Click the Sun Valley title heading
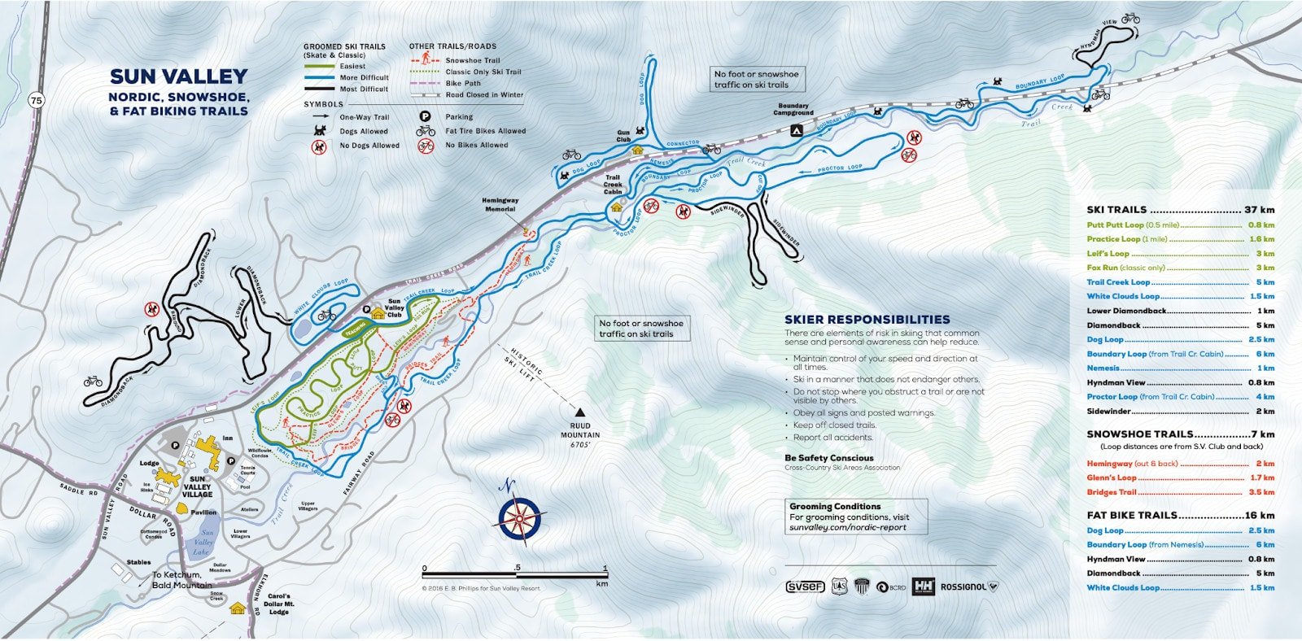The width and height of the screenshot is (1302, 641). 178,76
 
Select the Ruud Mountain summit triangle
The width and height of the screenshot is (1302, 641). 580,412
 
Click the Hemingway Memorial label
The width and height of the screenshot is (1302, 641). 500,204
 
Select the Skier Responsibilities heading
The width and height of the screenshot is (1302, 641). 867,320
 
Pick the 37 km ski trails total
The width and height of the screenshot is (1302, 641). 1258,210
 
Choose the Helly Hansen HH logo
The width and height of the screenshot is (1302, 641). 923,586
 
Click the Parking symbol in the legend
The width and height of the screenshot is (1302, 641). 425,117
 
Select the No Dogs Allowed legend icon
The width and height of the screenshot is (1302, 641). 318,146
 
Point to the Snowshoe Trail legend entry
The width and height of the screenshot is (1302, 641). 472,60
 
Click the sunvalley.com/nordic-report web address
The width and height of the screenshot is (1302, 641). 847,527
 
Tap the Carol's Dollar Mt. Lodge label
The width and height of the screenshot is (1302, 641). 278,604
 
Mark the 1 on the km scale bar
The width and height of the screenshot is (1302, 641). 605,568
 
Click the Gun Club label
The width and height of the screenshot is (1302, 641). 623,136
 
